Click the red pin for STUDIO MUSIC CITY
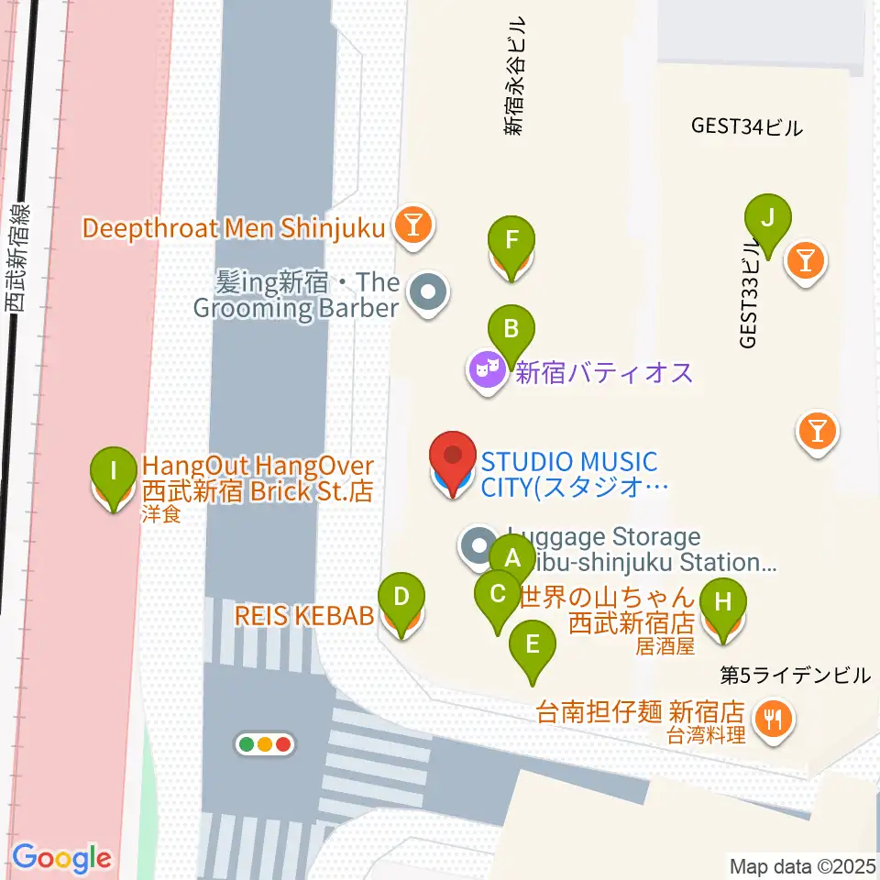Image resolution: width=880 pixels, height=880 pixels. (x=452, y=458)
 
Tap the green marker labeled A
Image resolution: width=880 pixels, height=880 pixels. (x=511, y=557)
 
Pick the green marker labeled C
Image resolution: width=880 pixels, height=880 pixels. (x=498, y=593)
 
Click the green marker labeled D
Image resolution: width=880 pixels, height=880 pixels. (x=401, y=597)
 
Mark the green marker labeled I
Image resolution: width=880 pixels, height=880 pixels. (x=113, y=472)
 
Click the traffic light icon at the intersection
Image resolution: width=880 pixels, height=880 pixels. (x=265, y=744)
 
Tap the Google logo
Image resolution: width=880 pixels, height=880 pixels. (x=61, y=859)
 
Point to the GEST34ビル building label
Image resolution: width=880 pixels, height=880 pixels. (x=747, y=127)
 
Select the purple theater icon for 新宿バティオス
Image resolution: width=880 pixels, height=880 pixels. (x=488, y=372)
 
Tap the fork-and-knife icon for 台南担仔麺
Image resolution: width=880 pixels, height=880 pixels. (x=775, y=718)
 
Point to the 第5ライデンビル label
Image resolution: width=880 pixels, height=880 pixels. (x=794, y=676)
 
